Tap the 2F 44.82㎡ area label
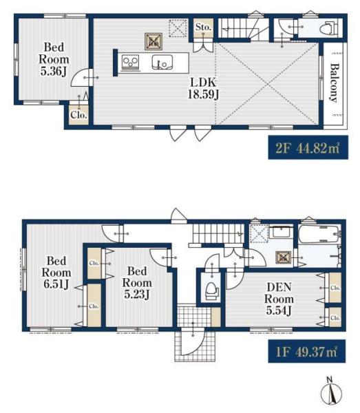pyautogui.click(x=308, y=147)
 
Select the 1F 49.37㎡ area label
pyautogui.click(x=307, y=351)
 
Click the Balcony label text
pyautogui.click(x=334, y=83)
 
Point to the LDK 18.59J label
pyautogui.click(x=203, y=89)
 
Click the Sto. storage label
pyautogui.click(x=203, y=27)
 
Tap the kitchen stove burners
pyautogui.click(x=130, y=63)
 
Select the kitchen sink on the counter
pyautogui.click(x=162, y=63)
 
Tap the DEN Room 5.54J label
pyautogui.click(x=279, y=299)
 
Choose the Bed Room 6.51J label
pyautogui.click(x=56, y=273)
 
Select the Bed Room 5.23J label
pyautogui.click(x=137, y=283)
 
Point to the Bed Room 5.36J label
pyautogui.click(x=54, y=59)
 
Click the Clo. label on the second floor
pyautogui.click(x=78, y=115)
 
